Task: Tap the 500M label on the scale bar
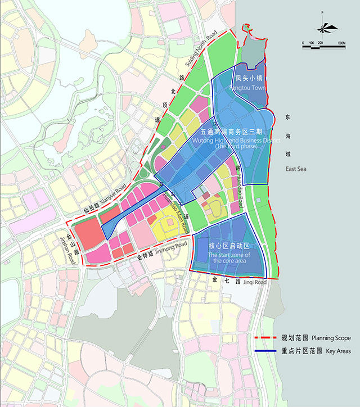coord(340,43)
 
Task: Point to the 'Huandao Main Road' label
coord(175,209)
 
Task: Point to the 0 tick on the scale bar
coord(303,43)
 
